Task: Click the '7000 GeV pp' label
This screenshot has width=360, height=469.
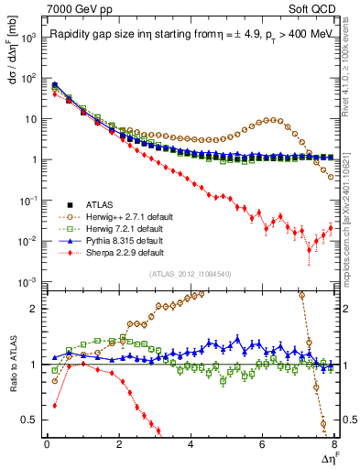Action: (80, 8)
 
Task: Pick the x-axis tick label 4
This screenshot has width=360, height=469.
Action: (191, 445)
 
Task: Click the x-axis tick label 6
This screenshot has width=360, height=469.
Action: (263, 445)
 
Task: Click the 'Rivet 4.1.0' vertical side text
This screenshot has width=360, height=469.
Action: (352, 92)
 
